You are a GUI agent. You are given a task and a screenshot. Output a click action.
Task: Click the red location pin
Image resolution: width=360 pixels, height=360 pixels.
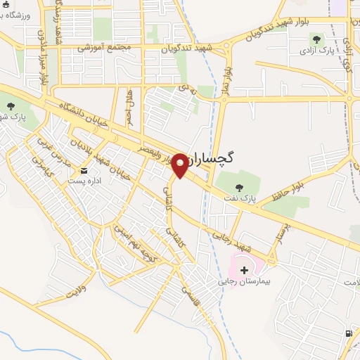[x=180, y=165]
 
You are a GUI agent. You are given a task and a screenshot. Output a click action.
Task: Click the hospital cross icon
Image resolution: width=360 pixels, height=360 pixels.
[x=244, y=269]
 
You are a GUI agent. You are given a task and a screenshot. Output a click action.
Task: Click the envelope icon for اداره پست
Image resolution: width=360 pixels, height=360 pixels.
[x=84, y=170]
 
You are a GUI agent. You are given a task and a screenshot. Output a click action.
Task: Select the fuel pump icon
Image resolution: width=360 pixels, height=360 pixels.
[x=348, y=333]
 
